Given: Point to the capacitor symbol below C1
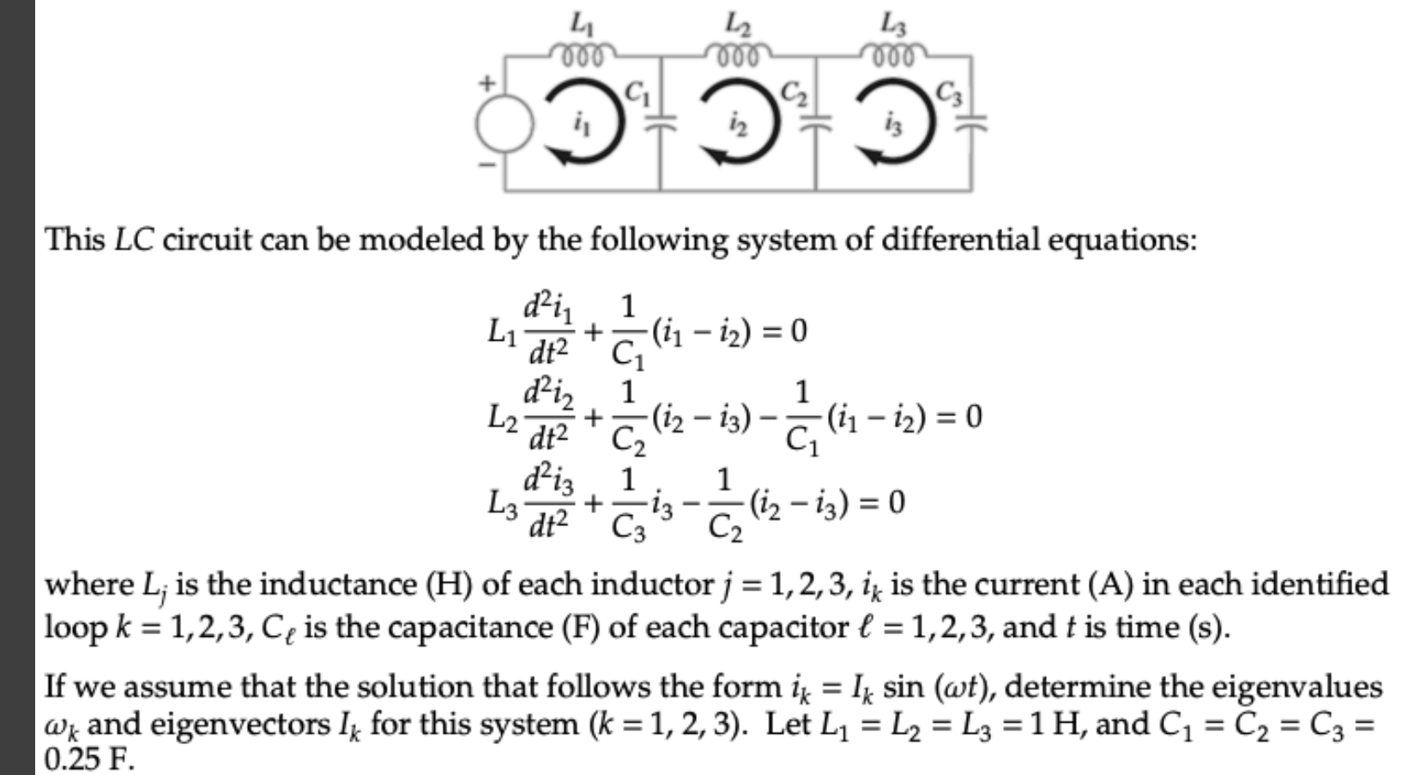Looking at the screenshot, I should pos(659,123).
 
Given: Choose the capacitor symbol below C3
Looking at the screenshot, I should pos(970,123).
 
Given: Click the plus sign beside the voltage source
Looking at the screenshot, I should pos(488,84).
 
